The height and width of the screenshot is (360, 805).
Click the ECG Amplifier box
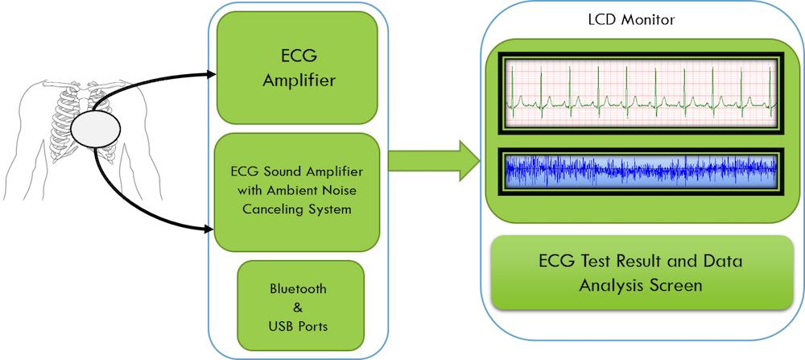pyautogui.click(x=297, y=68)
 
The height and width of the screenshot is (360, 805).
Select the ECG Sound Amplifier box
pyautogui.click(x=297, y=192)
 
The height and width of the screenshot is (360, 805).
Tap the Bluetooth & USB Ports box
pyautogui.click(x=300, y=307)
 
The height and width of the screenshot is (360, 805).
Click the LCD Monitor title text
pyautogui.click(x=631, y=21)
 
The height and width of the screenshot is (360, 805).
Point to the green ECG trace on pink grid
pyautogui.click(x=641, y=93)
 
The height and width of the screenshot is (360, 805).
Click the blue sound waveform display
pyautogui.click(x=641, y=171)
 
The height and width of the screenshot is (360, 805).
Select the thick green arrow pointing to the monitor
pyautogui.click(x=434, y=160)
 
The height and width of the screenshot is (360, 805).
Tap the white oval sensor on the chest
pyautogui.click(x=95, y=128)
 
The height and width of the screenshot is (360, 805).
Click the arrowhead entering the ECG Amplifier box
pyautogui.click(x=212, y=74)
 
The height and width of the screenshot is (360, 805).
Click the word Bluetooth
pyautogui.click(x=298, y=288)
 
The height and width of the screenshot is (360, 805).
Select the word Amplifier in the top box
pyautogui.click(x=299, y=81)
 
